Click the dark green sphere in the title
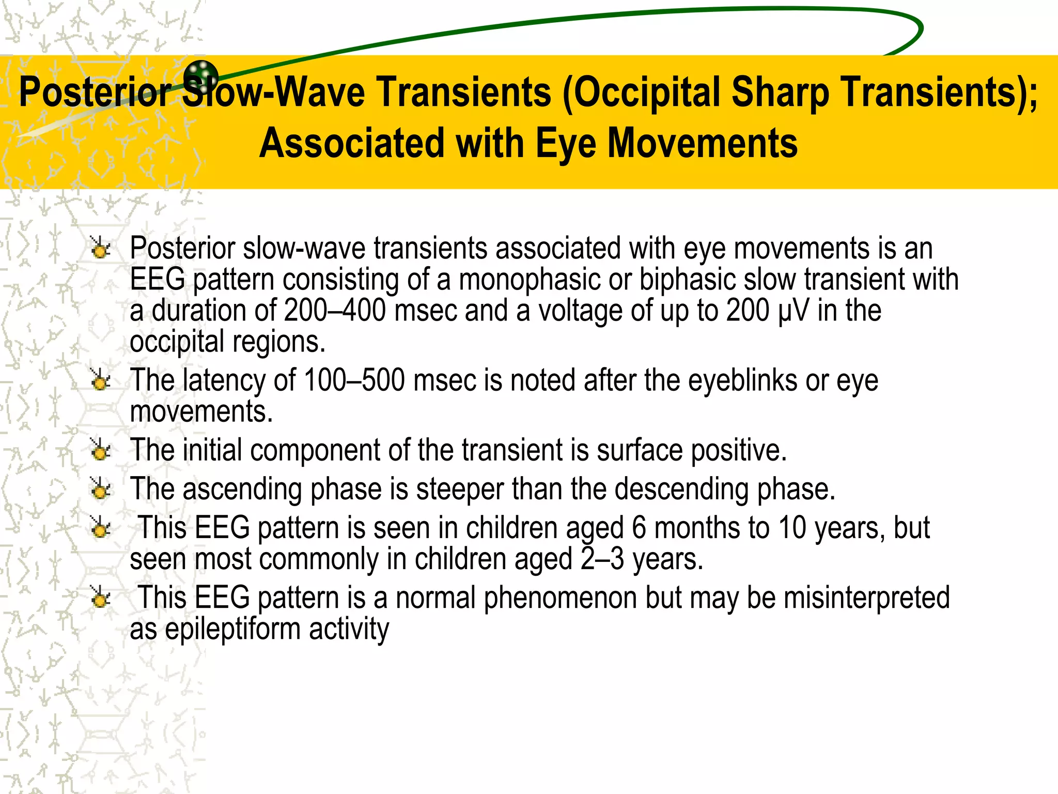point(201,76)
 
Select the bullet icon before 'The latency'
point(100,380)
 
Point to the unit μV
point(793,310)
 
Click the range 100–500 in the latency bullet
point(354,380)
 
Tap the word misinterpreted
point(866,598)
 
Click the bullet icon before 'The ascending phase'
point(100,489)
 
